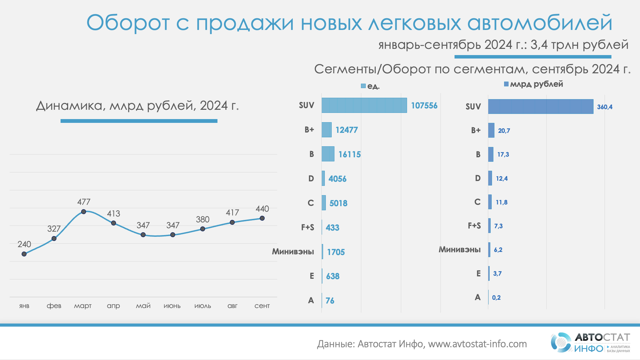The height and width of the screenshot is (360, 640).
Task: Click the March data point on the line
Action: click(x=84, y=212)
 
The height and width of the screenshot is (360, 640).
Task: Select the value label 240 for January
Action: click(x=24, y=244)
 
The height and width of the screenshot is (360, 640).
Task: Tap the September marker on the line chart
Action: click(x=262, y=218)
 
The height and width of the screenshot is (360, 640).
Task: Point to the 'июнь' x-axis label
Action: click(x=172, y=306)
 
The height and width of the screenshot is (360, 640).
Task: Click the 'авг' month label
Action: click(x=232, y=306)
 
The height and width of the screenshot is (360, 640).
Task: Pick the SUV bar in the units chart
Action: click(x=364, y=105)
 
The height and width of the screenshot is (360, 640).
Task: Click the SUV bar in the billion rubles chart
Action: click(x=541, y=107)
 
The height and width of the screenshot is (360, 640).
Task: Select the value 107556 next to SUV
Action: click(x=424, y=106)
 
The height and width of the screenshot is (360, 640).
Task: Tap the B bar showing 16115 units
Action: click(x=328, y=154)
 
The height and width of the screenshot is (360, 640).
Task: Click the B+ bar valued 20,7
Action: click(x=491, y=130)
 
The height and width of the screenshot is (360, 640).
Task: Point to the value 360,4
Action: click(x=605, y=107)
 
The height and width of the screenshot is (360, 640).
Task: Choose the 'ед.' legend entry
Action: click(x=370, y=86)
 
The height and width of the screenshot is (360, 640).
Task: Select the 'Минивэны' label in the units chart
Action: click(x=293, y=252)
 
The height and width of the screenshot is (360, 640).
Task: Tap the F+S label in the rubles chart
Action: click(x=474, y=226)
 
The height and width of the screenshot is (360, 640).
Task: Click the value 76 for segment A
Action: click(x=330, y=301)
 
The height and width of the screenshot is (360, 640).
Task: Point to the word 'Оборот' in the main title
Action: click(x=128, y=23)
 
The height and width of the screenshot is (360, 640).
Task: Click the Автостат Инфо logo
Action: click(x=590, y=342)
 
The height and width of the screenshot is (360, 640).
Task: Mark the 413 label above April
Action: click(x=114, y=214)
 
